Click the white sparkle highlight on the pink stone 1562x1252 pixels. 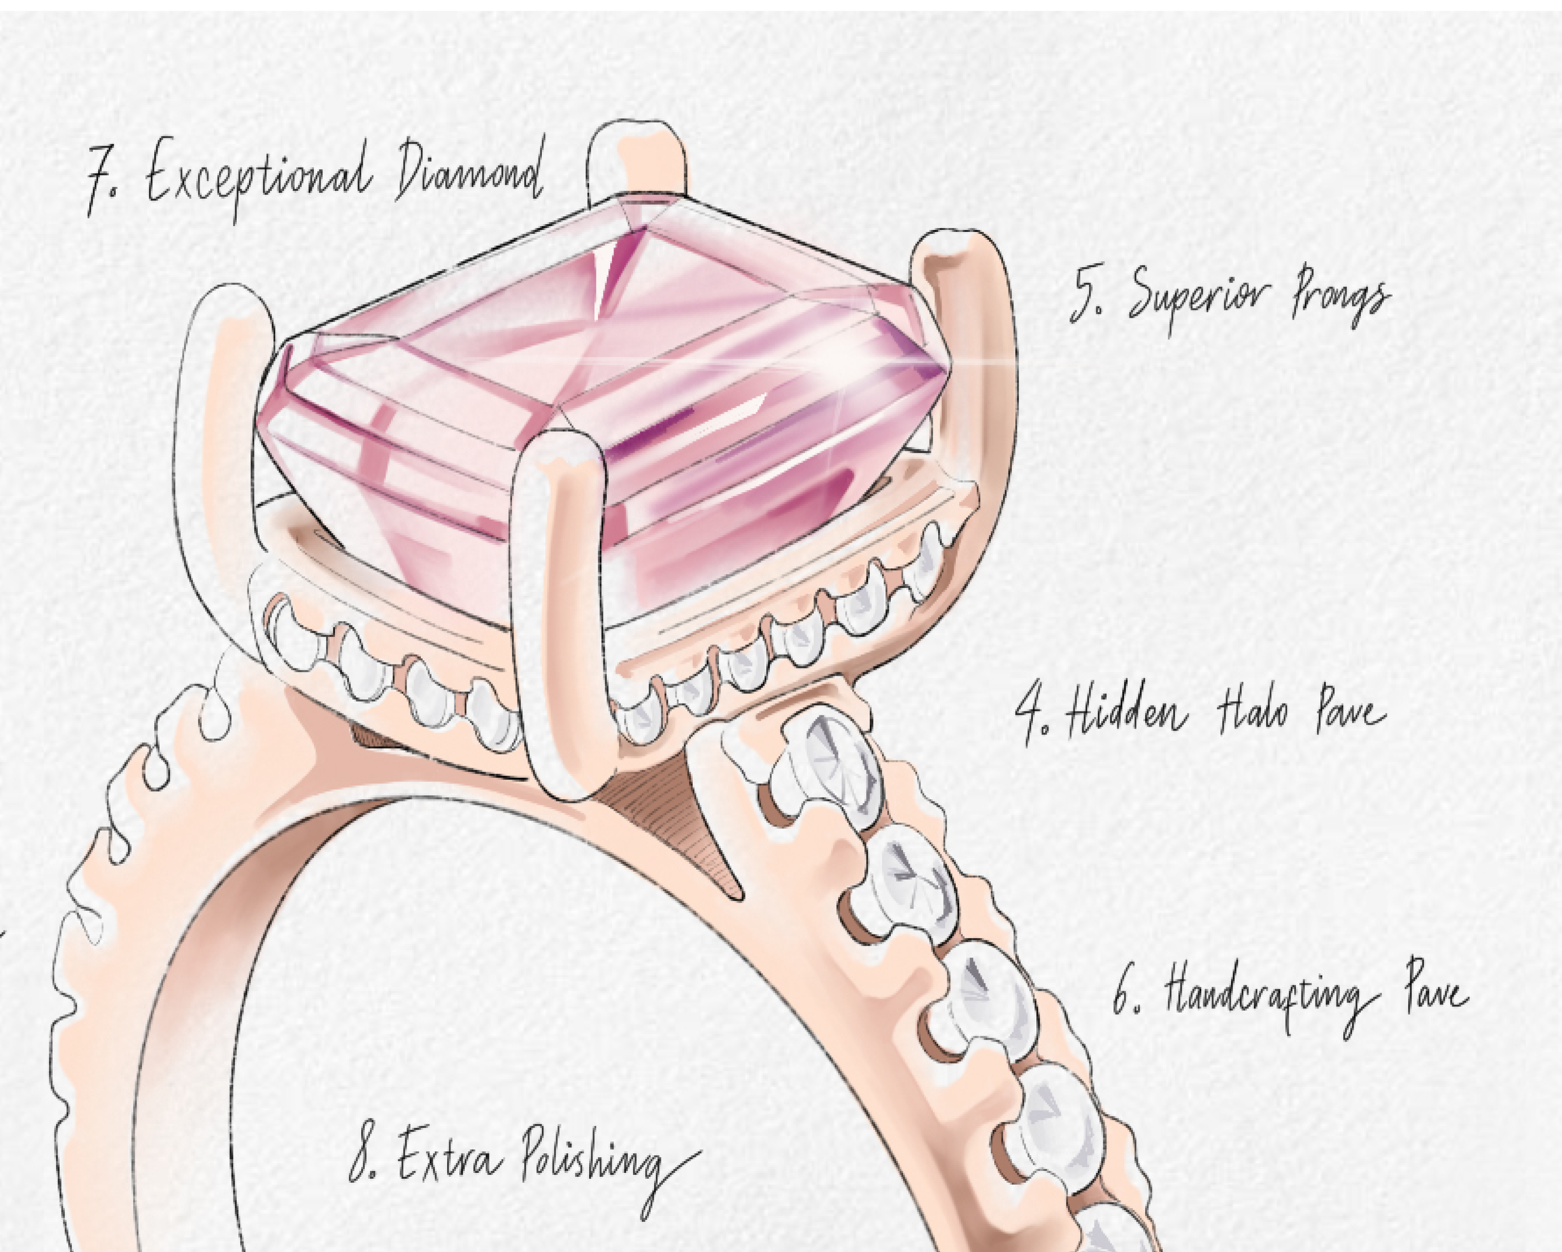pos(844,355)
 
